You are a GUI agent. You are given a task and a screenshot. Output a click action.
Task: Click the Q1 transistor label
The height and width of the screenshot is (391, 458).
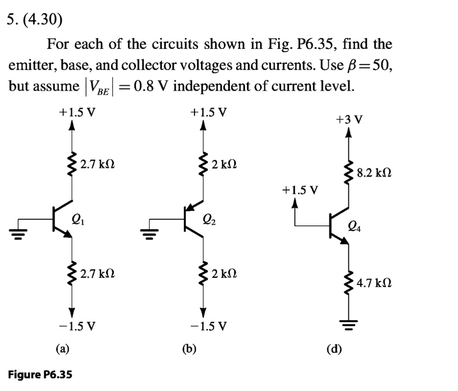[78, 219]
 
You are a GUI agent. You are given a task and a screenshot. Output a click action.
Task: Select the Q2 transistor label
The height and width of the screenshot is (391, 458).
[208, 219]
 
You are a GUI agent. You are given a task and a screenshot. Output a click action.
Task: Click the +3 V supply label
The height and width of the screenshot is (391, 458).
[349, 119]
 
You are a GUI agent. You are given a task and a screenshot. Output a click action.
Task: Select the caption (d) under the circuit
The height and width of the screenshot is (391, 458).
[334, 348]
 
